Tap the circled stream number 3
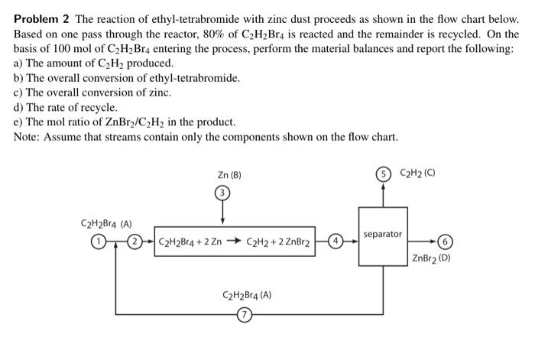222,193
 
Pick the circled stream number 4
333,243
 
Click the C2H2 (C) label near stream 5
419,173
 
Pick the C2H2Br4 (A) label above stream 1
106,224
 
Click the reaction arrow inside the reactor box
233,243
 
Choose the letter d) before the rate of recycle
20,108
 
